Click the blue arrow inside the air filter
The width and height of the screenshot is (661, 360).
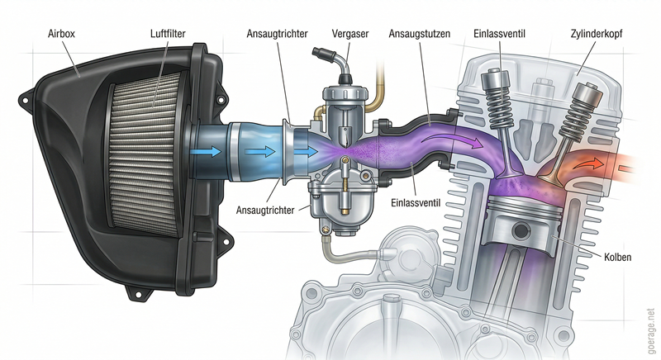(207, 151)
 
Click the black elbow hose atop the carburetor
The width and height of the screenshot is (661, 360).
(329, 64)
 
